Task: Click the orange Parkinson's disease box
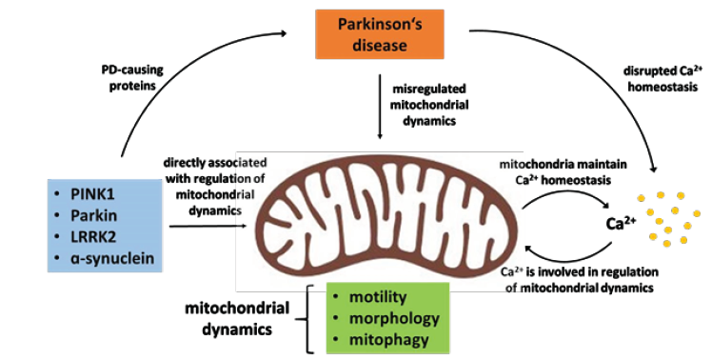pyautogui.click(x=380, y=34)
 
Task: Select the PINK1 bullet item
pyautogui.click(x=92, y=194)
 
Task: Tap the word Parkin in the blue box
pyautogui.click(x=93, y=215)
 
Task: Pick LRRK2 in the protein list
pyautogui.click(x=93, y=236)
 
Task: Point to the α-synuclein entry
pyautogui.click(x=112, y=258)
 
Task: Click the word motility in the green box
pyautogui.click(x=378, y=297)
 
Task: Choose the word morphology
pyautogui.click(x=394, y=319)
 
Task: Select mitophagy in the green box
pyautogui.click(x=388, y=340)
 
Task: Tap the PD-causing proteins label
pyautogui.click(x=132, y=78)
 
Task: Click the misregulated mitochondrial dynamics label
pyautogui.click(x=429, y=105)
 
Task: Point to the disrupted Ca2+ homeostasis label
pyautogui.click(x=663, y=78)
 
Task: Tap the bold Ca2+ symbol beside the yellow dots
pyautogui.click(x=621, y=223)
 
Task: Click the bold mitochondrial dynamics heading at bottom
pyautogui.click(x=237, y=318)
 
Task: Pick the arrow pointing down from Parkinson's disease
pyautogui.click(x=380, y=106)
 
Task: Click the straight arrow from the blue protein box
pyautogui.click(x=208, y=226)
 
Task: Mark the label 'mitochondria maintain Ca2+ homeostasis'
pyautogui.click(x=564, y=171)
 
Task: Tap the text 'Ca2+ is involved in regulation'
pyautogui.click(x=580, y=271)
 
